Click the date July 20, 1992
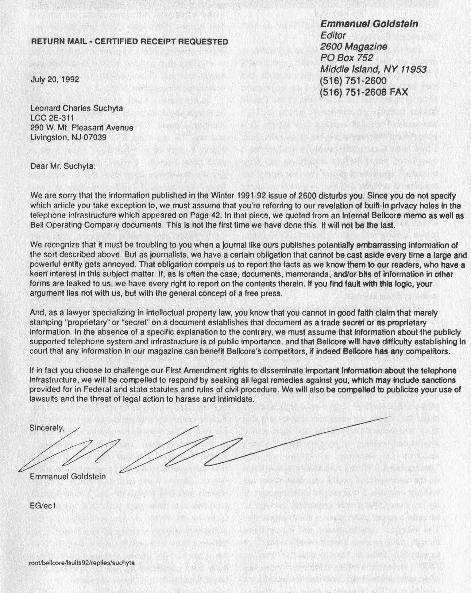click(x=55, y=79)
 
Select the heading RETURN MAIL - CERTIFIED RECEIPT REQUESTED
click(x=130, y=42)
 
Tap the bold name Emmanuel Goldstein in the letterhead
click(x=369, y=24)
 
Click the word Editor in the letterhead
click(x=333, y=35)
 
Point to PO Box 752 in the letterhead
click(x=346, y=58)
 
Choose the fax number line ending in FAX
click(x=364, y=92)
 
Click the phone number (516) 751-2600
click(x=353, y=81)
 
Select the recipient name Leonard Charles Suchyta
click(x=76, y=108)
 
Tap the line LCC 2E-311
click(x=52, y=118)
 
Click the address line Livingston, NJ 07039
click(x=68, y=137)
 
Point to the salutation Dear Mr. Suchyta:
click(x=63, y=166)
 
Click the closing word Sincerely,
click(x=47, y=428)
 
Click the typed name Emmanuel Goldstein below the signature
click(x=68, y=476)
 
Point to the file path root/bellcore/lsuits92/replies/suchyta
click(x=82, y=563)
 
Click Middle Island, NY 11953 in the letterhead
click(x=373, y=69)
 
